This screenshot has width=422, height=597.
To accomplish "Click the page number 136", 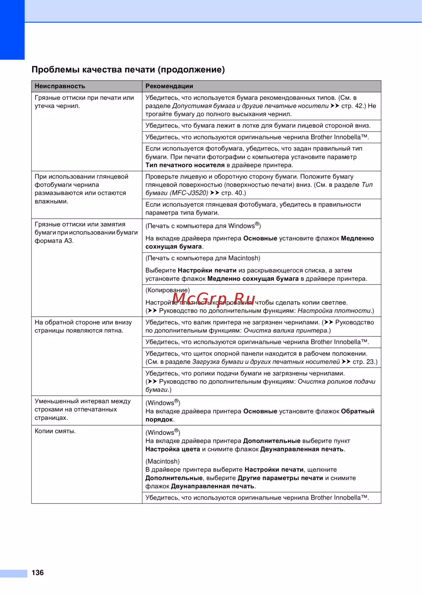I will (38, 573).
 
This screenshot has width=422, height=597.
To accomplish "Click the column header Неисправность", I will (60, 86).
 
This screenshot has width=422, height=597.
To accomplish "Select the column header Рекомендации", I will (169, 86).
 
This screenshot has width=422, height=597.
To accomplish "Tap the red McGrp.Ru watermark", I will (214, 299).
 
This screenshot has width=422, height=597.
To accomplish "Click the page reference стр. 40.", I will (233, 193).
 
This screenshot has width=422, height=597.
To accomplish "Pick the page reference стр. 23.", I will (365, 362).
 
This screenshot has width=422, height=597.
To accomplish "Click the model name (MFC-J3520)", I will (189, 193).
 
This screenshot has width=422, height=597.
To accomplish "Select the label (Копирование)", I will (168, 290).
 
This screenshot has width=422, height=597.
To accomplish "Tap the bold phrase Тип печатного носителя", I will (185, 165).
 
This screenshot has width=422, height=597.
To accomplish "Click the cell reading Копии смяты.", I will (55, 431).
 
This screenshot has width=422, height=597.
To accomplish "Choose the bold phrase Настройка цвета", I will (173, 449).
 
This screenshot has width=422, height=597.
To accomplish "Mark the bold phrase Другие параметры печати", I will (280, 478).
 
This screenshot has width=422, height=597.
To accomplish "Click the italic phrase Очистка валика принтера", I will (286, 331).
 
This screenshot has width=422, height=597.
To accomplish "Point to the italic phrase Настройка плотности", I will (335, 311).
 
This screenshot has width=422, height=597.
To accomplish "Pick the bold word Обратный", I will (357, 411).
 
